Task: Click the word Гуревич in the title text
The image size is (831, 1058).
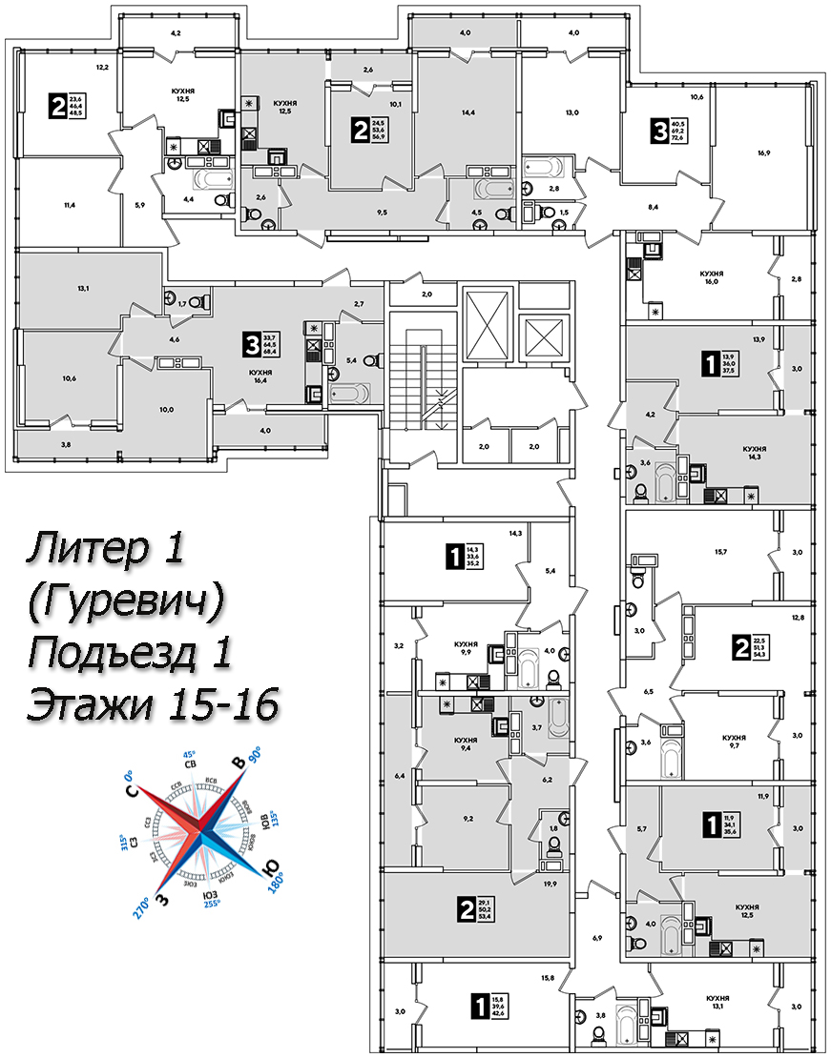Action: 130,600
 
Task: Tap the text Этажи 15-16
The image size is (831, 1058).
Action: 153,706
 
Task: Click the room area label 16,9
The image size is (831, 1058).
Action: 765,151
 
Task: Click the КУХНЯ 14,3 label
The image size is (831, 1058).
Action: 754,453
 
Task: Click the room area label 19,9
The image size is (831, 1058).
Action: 548,885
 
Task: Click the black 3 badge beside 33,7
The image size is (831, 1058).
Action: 251,341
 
